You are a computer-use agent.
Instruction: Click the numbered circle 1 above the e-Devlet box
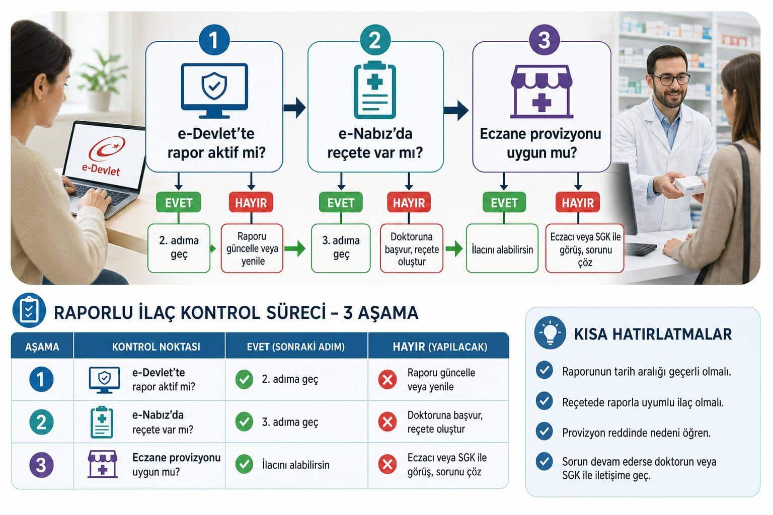(214, 40)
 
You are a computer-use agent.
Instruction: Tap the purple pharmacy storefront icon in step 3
(542, 92)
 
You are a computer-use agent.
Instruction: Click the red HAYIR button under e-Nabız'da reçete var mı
(409, 203)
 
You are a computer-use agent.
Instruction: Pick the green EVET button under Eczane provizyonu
(504, 203)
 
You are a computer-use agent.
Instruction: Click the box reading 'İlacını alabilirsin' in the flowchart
(502, 248)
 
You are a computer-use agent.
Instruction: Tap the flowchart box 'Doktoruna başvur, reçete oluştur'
(411, 248)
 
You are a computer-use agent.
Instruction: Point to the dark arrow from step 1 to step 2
(294, 108)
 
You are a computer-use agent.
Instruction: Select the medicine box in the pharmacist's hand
(689, 185)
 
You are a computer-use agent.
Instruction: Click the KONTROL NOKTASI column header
(156, 347)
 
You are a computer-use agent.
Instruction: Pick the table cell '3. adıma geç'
(290, 422)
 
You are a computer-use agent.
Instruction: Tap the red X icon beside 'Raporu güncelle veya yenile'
(387, 379)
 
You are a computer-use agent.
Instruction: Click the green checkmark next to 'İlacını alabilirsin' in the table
(244, 464)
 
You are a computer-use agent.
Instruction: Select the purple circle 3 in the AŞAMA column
(41, 465)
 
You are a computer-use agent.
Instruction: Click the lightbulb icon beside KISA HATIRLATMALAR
(550, 332)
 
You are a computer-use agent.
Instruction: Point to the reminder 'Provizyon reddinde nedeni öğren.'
(636, 433)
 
